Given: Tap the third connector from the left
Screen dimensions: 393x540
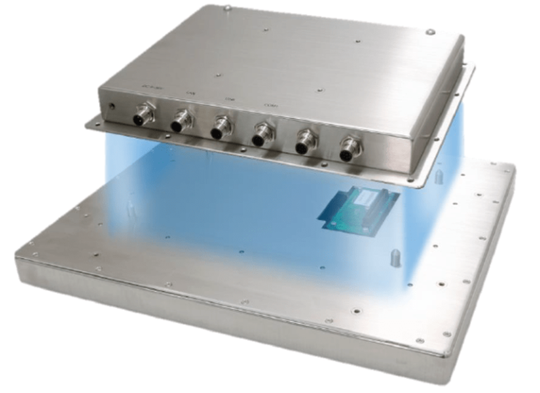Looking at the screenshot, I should coord(221,129).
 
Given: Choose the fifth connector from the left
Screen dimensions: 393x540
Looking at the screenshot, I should coord(305,143).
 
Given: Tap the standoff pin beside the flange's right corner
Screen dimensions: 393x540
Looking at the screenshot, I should coord(439,175).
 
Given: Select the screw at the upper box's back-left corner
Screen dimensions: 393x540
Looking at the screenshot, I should coord(226,9).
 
